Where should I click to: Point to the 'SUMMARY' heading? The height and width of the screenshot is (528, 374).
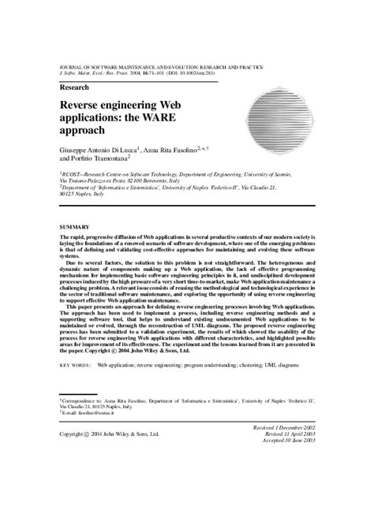[x=75, y=227]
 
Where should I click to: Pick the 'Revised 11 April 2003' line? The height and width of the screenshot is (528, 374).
[x=289, y=433]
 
